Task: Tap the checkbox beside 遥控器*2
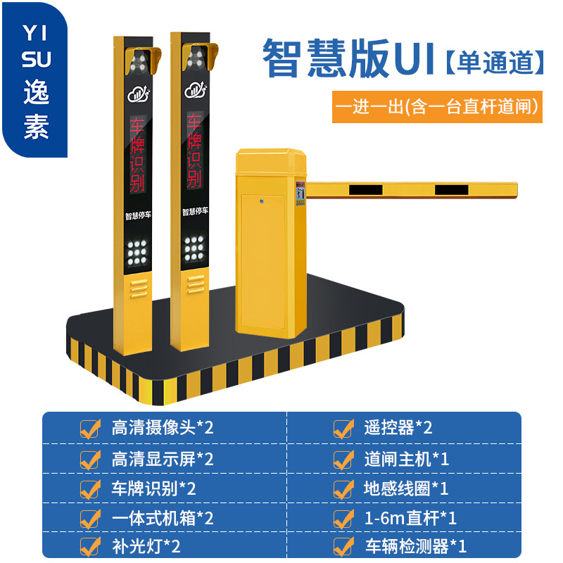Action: pos(343,428)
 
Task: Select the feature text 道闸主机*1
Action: pos(406,459)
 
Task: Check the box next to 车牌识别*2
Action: pos(90,489)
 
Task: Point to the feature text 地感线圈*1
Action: pos(406,488)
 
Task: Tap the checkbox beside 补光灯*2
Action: pos(90,547)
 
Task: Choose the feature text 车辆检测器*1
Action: pos(415,546)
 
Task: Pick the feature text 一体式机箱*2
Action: pos(162,518)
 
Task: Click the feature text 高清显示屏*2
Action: pos(162,459)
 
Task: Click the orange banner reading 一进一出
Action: pos(437,106)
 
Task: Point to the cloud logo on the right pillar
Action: pos(195,91)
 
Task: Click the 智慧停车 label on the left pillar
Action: pos(137,213)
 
